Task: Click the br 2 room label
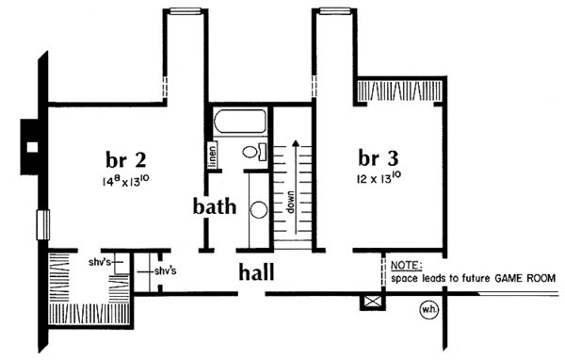(x=126, y=159)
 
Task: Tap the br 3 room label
(x=379, y=157)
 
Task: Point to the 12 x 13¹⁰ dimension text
(x=379, y=178)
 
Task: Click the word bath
(x=215, y=206)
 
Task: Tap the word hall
(x=256, y=271)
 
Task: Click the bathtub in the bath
(x=240, y=122)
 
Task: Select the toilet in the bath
(x=254, y=152)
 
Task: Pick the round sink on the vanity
(x=259, y=210)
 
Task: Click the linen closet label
(x=213, y=155)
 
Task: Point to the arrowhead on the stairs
(x=296, y=143)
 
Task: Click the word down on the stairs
(x=290, y=202)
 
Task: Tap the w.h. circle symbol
(x=429, y=310)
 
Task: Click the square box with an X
(x=372, y=302)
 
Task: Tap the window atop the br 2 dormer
(x=186, y=11)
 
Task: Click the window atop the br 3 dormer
(x=335, y=11)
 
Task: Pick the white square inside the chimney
(x=32, y=147)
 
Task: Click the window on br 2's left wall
(x=42, y=224)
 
